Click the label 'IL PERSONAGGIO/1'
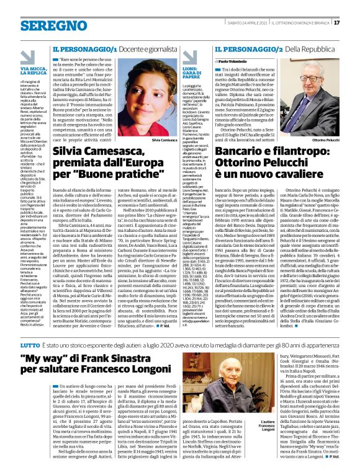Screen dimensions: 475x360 (84, 48)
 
